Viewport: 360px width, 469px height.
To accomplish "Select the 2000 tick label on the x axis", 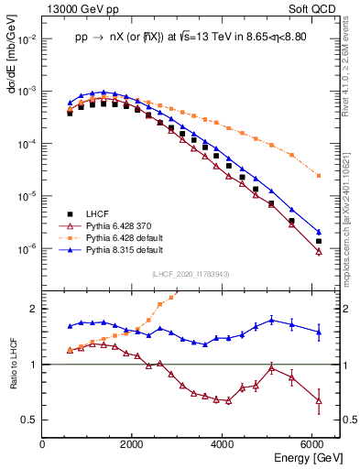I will coord(134,444).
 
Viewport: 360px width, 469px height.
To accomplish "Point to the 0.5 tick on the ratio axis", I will coord(31,420).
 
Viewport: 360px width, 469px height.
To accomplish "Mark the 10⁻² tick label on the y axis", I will coord(27,39).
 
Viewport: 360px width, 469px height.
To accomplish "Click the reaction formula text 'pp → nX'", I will coord(110,38).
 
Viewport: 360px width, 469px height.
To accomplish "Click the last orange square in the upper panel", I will coord(318,175).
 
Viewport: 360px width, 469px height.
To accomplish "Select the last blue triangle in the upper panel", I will coord(318,232).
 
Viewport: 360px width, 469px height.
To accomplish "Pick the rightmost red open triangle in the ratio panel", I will coord(318,400).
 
